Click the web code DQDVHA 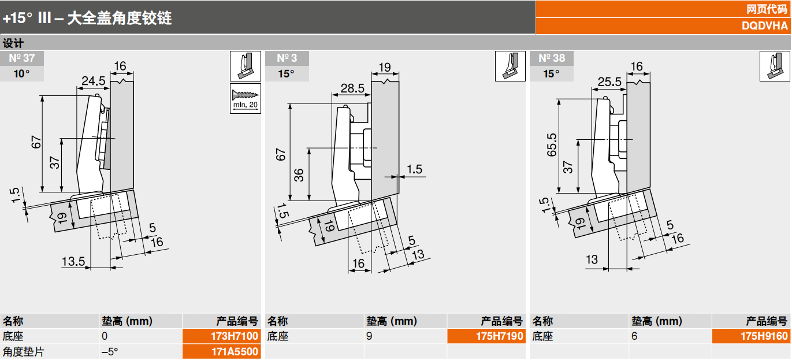click(x=764, y=26)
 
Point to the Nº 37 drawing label click(x=21, y=58)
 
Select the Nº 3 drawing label click(x=287, y=58)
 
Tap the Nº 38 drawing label click(x=551, y=58)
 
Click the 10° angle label click(x=21, y=73)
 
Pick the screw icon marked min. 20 click(x=246, y=98)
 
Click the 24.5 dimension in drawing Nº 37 click(x=92, y=81)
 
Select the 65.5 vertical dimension click(x=552, y=145)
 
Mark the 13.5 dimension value click(x=74, y=261)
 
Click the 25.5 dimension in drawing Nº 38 click(x=609, y=82)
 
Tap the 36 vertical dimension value click(x=299, y=175)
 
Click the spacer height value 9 click(x=369, y=336)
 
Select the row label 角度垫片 click(x=24, y=351)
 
